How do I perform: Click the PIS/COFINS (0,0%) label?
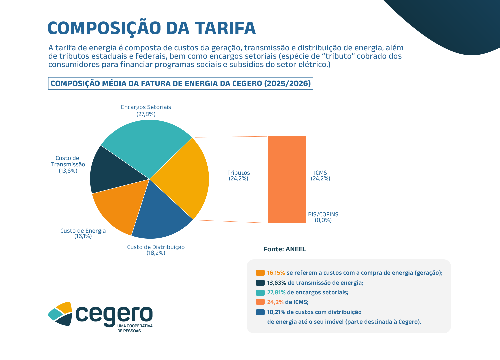tap(323, 217)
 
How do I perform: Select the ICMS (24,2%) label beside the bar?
tap(320, 176)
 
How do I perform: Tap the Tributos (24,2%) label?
tap(238, 176)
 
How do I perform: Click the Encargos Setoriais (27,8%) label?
tap(146, 110)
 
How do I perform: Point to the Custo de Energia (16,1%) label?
tap(83, 233)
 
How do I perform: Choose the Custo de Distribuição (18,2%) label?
tap(156, 250)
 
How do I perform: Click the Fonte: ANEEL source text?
tap(285, 249)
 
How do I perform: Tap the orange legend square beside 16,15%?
tap(260, 273)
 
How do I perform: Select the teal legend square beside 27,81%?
tap(260, 292)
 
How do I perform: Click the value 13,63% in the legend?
tap(276, 283)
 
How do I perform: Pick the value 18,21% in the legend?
tap(276, 312)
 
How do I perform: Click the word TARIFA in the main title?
tap(225, 28)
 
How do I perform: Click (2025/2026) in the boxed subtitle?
tap(287, 83)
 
